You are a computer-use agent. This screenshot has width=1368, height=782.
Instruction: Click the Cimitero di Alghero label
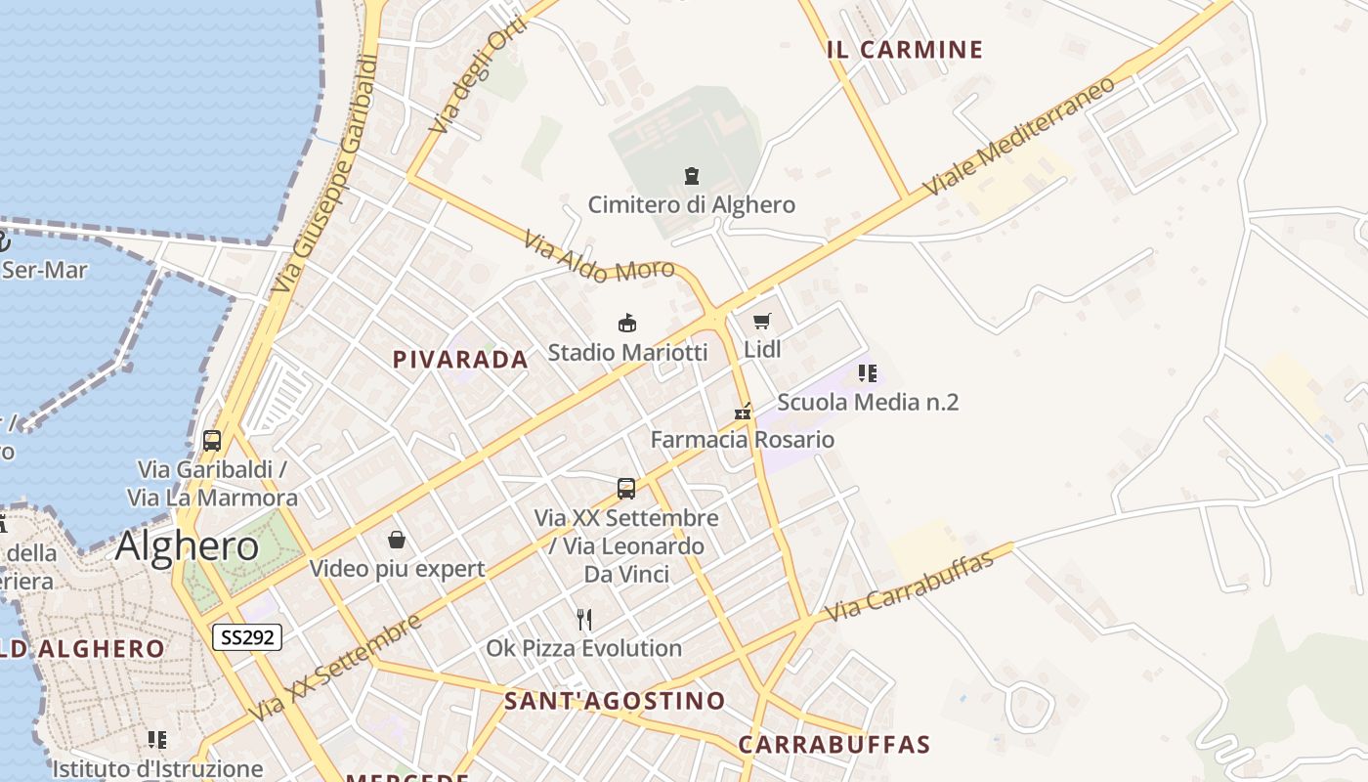[691, 205]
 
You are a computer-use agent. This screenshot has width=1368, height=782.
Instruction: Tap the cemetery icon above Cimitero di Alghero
[692, 176]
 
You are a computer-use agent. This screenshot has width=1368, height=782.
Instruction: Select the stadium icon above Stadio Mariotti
[627, 323]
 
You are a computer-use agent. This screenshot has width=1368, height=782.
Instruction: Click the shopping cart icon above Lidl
[762, 321]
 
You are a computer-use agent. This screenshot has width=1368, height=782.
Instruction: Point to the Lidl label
[762, 349]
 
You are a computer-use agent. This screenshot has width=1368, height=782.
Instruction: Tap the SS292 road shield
[248, 637]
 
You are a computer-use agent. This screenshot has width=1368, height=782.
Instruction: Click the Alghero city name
[187, 546]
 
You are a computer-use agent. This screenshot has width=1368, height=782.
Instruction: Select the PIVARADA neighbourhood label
[460, 360]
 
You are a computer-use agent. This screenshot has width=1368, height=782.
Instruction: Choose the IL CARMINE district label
[905, 50]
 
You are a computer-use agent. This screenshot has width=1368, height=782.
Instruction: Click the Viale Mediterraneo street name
[1020, 135]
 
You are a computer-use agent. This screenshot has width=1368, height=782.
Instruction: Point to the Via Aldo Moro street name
[599, 256]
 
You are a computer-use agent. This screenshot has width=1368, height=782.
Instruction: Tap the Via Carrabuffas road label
[909, 586]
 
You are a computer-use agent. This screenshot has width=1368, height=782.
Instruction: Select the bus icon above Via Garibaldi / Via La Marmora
[212, 440]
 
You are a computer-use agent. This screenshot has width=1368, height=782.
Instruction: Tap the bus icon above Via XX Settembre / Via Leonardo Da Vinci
[626, 488]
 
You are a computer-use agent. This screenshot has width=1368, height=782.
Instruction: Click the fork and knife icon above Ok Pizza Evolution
[584, 619]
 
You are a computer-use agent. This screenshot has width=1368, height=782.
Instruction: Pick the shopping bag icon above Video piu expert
[397, 540]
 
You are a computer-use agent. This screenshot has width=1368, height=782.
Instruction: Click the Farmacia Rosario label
[743, 440]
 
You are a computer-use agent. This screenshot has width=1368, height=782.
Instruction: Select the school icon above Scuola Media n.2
[868, 372]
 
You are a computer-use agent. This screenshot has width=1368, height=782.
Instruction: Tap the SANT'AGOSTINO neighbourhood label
[615, 701]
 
